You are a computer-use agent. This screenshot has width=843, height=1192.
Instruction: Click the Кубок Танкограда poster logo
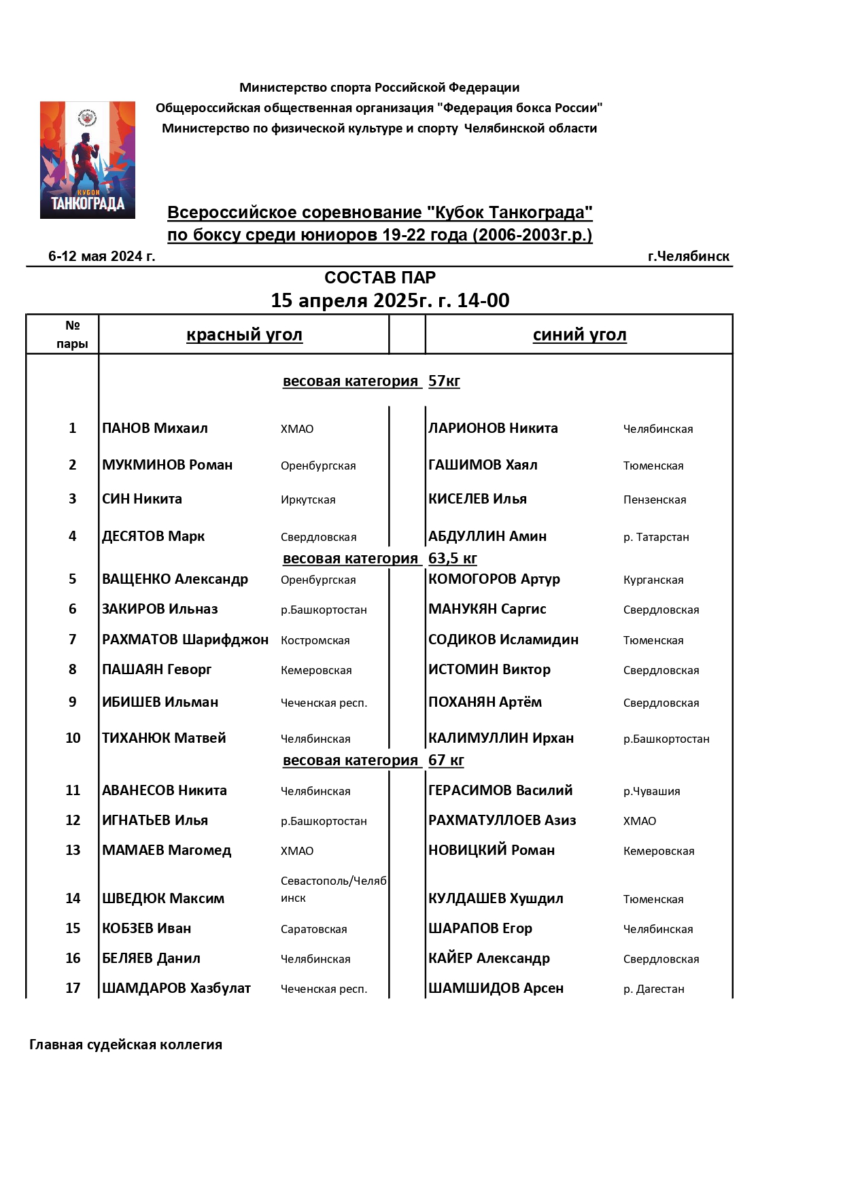coord(88,160)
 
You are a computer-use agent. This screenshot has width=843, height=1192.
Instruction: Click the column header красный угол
coord(244,334)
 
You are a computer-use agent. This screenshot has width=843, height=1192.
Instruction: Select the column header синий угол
coord(579,334)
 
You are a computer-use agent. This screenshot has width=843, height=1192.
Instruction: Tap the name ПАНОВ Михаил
coord(155,428)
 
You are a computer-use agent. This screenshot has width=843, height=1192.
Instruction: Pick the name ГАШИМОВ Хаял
coord(483,465)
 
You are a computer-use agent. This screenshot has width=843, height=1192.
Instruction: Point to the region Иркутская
coord(308,499)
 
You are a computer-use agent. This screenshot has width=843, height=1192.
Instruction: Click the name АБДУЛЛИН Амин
coord(487,536)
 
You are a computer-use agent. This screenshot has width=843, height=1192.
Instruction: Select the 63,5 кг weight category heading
coord(380,558)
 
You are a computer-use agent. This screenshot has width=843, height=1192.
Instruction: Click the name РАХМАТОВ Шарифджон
coord(185,639)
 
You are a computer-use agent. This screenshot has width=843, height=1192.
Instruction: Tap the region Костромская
coord(315,640)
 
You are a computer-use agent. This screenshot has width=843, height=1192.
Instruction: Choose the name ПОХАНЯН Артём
coord(485,702)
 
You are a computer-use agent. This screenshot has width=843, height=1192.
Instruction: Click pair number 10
coord(73,738)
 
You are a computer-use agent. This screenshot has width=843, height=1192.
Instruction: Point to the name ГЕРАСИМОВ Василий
coord(500,790)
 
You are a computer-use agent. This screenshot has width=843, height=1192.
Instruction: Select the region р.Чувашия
coord(651,791)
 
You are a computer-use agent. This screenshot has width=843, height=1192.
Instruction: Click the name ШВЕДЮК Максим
coord(163,898)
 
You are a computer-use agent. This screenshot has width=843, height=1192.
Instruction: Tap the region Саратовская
coord(314,929)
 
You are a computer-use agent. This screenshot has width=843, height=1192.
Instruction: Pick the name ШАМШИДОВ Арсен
coord(496,988)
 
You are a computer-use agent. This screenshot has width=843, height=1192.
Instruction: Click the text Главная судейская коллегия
coord(126,1045)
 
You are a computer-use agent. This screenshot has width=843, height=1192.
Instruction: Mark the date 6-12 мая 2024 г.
coord(102,256)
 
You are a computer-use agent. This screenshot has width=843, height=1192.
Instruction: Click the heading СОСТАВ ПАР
coord(380,277)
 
